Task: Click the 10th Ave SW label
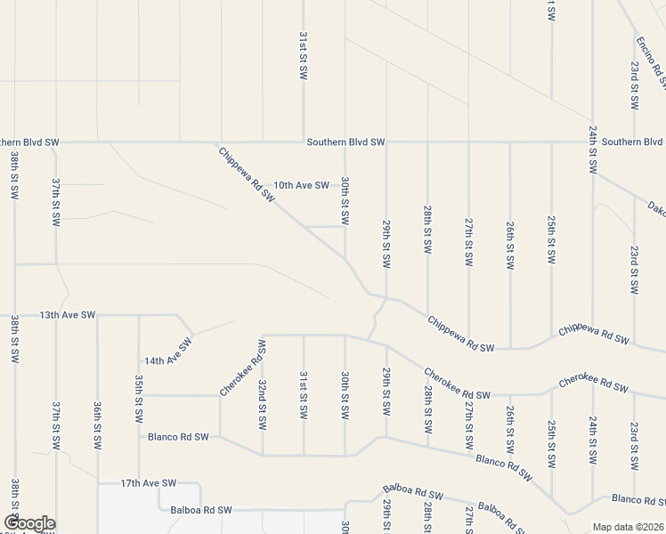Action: pos(301,185)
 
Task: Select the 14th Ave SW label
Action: pos(168,353)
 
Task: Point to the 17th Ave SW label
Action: pos(149,482)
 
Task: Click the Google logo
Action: pos(28,523)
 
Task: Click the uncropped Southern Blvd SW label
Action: pos(345,142)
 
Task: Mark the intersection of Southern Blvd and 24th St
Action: pos(592,142)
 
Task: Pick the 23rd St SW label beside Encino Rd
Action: pos(635,85)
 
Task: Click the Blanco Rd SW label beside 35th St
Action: pos(178,437)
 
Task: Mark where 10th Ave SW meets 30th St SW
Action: pos(345,185)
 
